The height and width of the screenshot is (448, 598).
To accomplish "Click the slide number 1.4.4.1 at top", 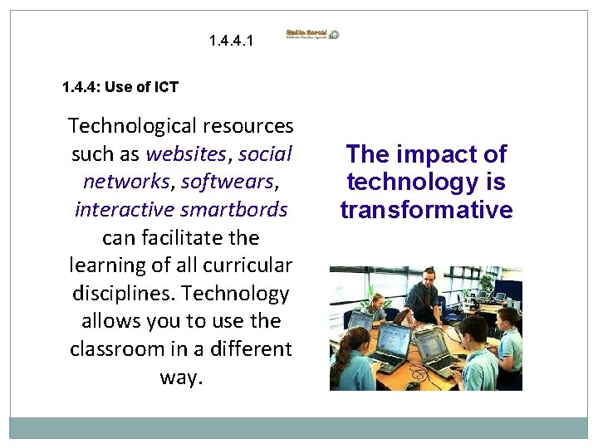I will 233,39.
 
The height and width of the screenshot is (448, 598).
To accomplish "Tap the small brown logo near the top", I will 313,35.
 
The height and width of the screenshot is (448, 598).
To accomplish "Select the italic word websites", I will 185,153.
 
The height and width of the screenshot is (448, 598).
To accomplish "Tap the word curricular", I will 249,265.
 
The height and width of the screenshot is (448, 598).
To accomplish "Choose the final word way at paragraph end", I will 180,377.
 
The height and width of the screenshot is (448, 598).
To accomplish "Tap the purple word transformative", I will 426,210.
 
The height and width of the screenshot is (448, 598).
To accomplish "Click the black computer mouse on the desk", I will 413,385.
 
